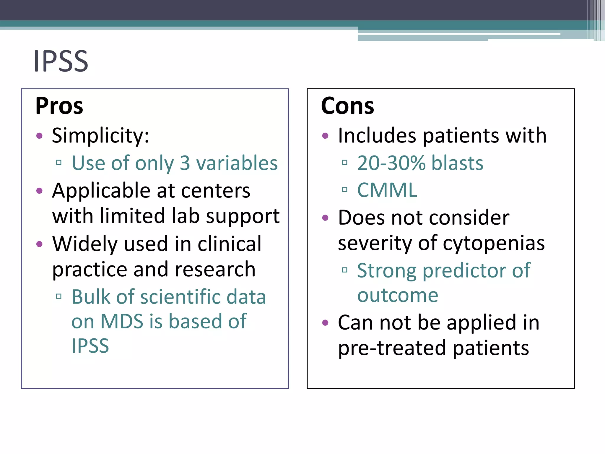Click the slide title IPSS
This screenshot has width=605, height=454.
pyautogui.click(x=61, y=61)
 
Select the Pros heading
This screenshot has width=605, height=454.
pyautogui.click(x=59, y=106)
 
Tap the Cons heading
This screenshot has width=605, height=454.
pyautogui.click(x=347, y=106)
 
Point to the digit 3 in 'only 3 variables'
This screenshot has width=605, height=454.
pyautogui.click(x=185, y=163)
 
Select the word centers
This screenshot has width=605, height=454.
pyautogui.click(x=216, y=191)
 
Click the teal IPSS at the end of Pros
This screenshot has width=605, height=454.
pyautogui.click(x=90, y=346)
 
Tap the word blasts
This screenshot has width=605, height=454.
pyautogui.click(x=457, y=163)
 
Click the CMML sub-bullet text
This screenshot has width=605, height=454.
pyautogui.click(x=387, y=190)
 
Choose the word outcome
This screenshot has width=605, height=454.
pyautogui.click(x=398, y=295)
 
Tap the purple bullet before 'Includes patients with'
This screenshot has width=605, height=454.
pyautogui.click(x=325, y=136)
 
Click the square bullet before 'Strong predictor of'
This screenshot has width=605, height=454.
pyautogui.click(x=344, y=270)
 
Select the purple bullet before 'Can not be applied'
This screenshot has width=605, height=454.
pyautogui.click(x=325, y=322)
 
